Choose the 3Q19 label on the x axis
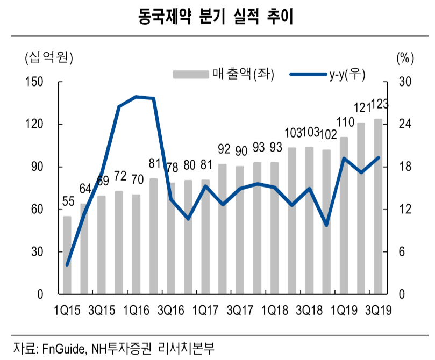378,310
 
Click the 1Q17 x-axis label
205,310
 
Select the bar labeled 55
67,255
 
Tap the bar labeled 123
378,207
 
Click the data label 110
344,122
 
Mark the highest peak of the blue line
136,97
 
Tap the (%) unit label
404,57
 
